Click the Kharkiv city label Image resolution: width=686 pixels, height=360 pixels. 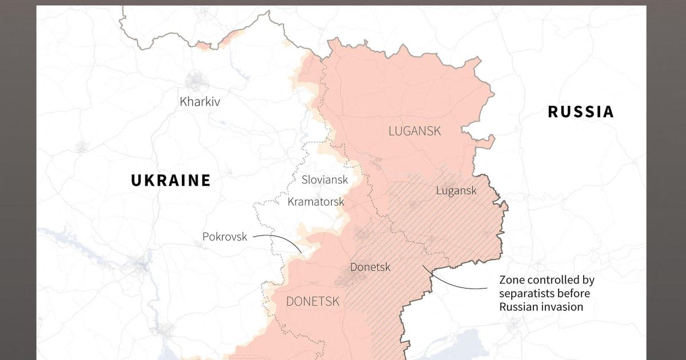pos(200,102)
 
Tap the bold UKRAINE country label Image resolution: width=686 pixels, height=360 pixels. pos(171,181)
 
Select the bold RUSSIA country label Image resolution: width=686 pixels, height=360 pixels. pos(581,111)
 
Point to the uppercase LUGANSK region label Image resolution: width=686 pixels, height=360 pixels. pos(414,131)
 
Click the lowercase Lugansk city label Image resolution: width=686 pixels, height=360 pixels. pos(456,191)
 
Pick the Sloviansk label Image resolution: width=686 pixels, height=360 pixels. pos(325,179)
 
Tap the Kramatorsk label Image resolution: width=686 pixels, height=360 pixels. pos(316,202)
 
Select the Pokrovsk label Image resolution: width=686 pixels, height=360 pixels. pos(225,237)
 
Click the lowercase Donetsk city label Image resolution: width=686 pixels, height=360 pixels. pos(370,267)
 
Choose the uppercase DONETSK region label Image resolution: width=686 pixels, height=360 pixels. pos(313,301)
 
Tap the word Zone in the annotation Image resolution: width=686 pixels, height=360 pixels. pos(512,280)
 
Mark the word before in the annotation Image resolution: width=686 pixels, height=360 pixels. pos(573,293)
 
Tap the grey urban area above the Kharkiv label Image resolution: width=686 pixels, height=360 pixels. pos(196,81)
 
